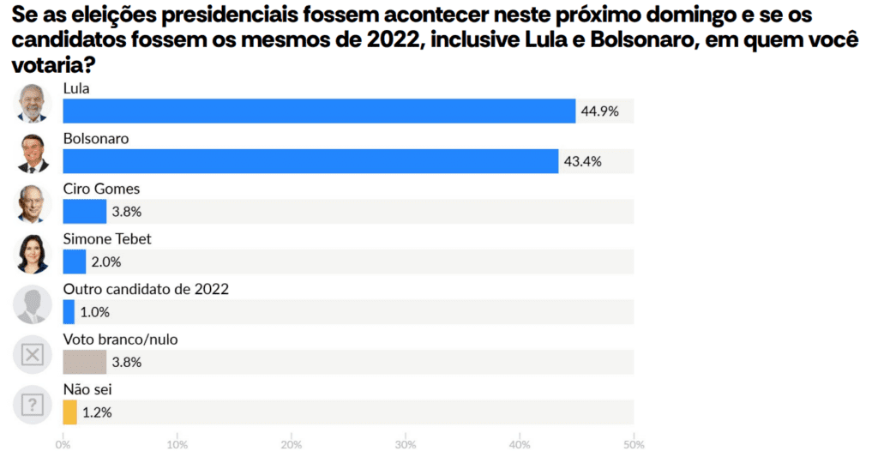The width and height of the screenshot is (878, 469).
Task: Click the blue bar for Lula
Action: (x=319, y=111)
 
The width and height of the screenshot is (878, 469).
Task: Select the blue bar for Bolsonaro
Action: (x=310, y=161)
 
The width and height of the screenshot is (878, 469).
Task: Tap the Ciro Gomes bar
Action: (x=84, y=211)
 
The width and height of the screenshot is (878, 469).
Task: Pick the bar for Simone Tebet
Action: (x=75, y=262)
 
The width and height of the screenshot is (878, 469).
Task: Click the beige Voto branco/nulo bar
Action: (x=84, y=362)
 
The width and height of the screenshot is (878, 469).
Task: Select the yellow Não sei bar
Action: (x=69, y=412)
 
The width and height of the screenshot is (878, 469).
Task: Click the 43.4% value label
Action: (x=582, y=161)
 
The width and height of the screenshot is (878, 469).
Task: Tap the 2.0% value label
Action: (x=106, y=262)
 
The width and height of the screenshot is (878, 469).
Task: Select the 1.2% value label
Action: (x=97, y=412)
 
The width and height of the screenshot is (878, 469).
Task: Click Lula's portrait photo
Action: (x=33, y=104)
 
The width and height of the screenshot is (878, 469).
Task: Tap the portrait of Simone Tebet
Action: (x=33, y=255)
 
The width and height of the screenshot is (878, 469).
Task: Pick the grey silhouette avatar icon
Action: (x=33, y=304)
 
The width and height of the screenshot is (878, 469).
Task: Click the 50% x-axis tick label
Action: (x=633, y=445)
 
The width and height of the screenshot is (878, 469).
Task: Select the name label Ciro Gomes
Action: (x=101, y=189)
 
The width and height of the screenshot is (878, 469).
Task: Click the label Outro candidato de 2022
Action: (x=146, y=289)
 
